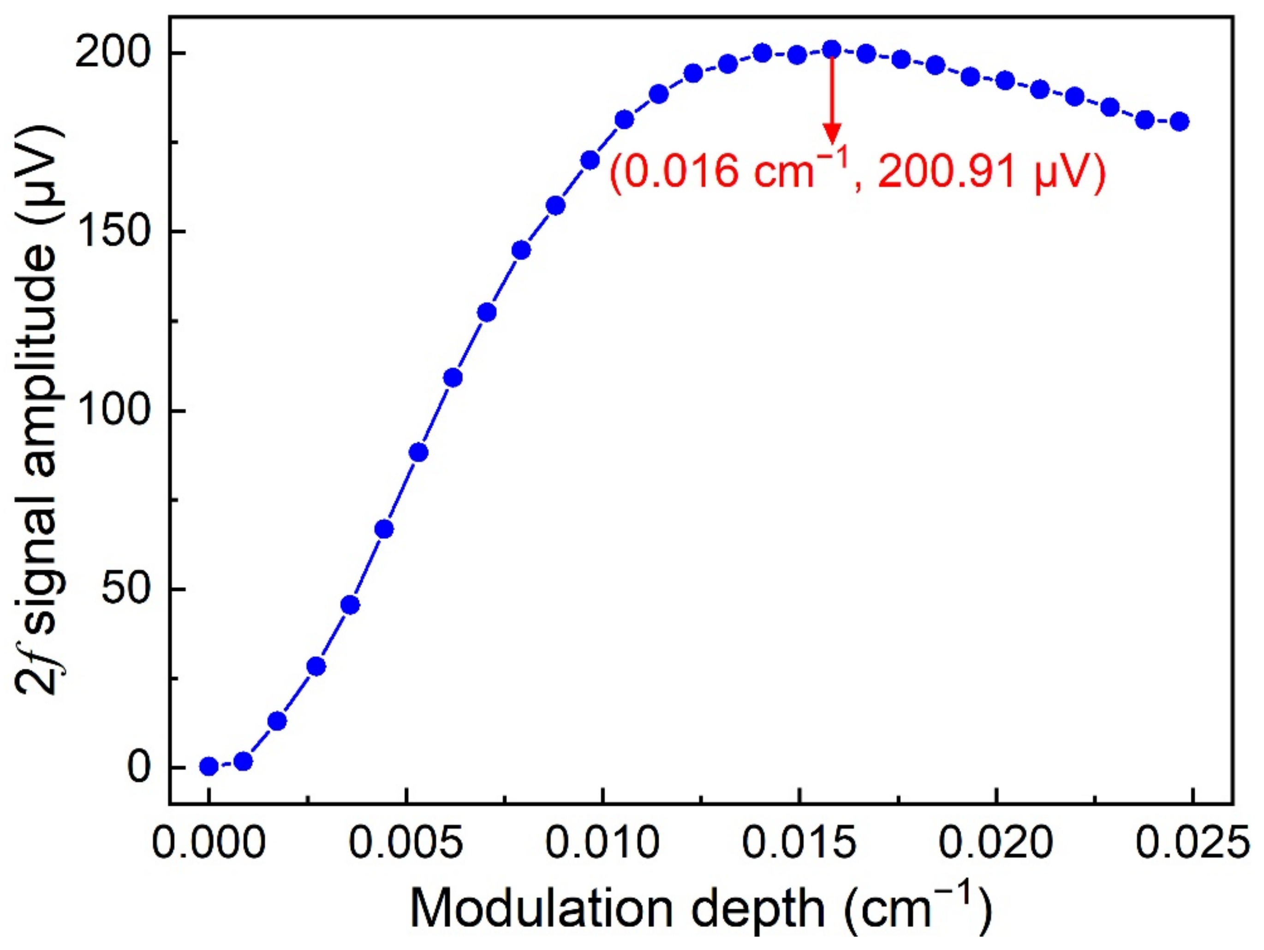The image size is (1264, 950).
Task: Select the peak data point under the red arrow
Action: pos(832,50)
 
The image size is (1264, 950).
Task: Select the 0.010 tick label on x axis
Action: pos(602,843)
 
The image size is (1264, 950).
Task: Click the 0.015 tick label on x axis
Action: pos(799,843)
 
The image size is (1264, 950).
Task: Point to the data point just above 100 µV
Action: pos(453,378)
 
